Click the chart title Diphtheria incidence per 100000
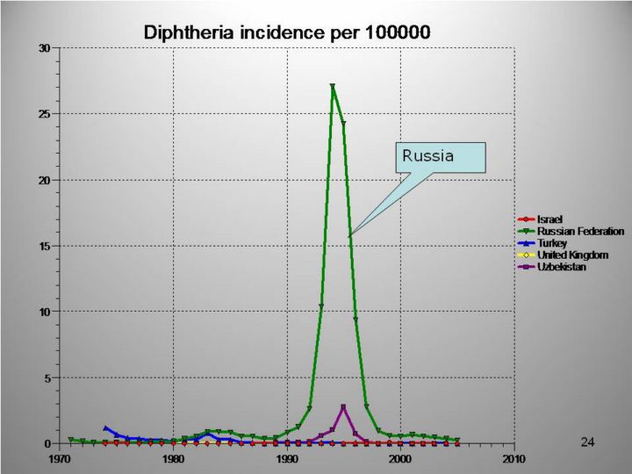click(x=287, y=32)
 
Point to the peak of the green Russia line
click(x=333, y=86)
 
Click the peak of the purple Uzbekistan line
click(x=343, y=406)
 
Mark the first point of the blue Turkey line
click(x=106, y=428)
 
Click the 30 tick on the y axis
click(x=45, y=47)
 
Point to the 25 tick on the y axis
click(x=45, y=114)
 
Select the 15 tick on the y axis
click(x=45, y=246)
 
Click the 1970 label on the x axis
click(x=60, y=458)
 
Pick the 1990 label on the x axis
click(x=287, y=458)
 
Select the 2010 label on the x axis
click(x=514, y=458)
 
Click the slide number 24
click(x=587, y=442)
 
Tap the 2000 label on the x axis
click(x=400, y=458)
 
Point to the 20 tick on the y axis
click(x=45, y=180)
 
